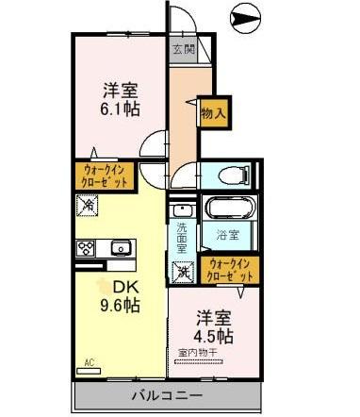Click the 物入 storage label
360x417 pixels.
point(213,112)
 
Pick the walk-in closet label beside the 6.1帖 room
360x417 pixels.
point(106,175)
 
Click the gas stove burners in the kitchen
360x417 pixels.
point(87,248)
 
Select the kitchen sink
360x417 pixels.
point(120,248)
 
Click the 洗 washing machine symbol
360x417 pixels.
point(183,272)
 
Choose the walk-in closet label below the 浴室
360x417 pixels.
point(232,270)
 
